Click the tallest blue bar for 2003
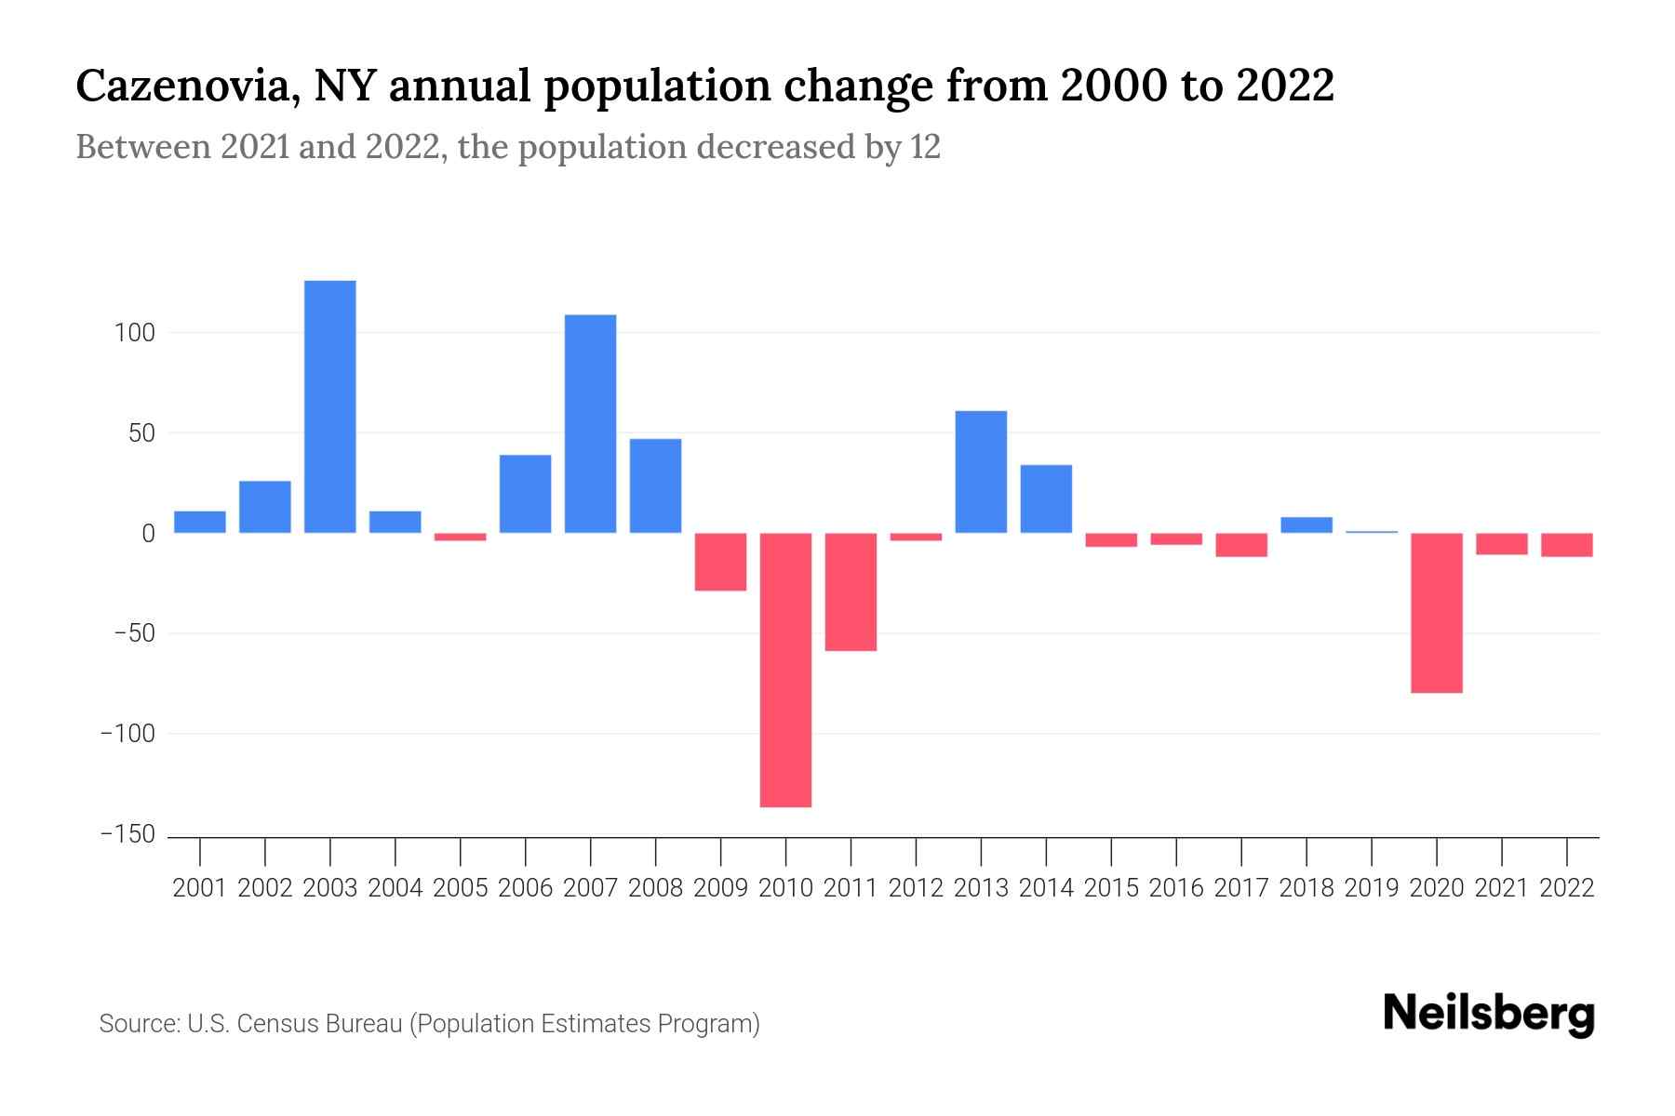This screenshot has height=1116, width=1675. [330, 406]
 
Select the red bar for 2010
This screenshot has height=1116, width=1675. [785, 670]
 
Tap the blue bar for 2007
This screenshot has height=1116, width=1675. [591, 423]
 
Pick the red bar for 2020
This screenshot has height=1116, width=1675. [1437, 613]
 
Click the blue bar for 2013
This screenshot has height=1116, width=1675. [981, 472]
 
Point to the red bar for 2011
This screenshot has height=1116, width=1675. [851, 591]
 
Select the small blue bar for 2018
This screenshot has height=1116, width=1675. [1306, 525]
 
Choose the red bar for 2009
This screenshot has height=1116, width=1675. [721, 562]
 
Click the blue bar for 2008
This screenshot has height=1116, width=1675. [656, 485]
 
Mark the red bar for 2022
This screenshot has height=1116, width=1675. [1567, 545]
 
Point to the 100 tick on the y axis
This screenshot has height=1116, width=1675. [134, 333]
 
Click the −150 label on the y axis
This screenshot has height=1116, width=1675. [127, 835]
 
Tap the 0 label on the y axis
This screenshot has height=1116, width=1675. [148, 534]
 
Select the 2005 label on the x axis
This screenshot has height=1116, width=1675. [461, 888]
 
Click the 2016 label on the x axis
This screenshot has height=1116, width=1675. [1176, 888]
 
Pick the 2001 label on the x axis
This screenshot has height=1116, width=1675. [200, 888]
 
